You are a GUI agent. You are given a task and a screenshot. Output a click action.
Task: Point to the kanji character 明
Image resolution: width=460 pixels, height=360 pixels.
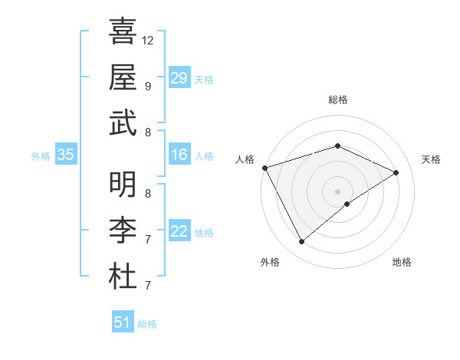(x=123, y=184)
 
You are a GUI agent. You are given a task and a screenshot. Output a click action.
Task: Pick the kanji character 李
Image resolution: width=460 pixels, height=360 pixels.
(x=123, y=230)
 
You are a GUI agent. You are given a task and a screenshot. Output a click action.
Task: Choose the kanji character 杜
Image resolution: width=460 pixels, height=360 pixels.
(x=123, y=276)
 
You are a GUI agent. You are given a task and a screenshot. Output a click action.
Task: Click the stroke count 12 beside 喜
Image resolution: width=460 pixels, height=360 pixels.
(x=148, y=40)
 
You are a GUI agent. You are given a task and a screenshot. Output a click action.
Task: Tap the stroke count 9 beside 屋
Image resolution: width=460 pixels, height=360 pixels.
(x=148, y=86)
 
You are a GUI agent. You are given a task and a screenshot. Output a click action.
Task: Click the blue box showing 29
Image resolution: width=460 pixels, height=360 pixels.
(x=179, y=78)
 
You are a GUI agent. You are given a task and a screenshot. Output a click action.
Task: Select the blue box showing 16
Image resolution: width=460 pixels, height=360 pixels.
(x=179, y=155)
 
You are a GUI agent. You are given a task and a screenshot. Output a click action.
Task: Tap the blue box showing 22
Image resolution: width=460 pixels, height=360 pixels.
(x=179, y=232)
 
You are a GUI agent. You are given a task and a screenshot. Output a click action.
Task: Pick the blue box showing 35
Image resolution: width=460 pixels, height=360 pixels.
(x=66, y=155)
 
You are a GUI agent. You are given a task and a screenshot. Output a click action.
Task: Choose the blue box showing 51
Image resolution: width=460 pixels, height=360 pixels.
(x=123, y=322)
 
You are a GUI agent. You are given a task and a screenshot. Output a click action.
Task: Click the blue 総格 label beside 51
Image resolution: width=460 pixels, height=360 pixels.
(x=147, y=324)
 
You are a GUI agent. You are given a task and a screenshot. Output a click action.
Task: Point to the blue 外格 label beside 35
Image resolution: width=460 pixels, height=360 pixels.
(x=41, y=156)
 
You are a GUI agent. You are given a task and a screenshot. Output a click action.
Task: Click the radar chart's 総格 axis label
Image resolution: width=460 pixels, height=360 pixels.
(x=338, y=100)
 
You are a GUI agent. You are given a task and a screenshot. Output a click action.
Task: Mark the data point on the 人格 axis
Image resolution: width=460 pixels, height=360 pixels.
(x=265, y=168)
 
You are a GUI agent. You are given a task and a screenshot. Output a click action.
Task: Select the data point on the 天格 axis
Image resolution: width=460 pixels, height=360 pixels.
(x=396, y=172)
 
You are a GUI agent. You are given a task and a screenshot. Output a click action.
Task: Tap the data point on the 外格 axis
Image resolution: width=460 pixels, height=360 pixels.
(x=301, y=242)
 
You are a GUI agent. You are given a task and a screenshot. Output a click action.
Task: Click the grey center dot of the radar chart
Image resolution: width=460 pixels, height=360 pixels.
(x=338, y=191)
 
